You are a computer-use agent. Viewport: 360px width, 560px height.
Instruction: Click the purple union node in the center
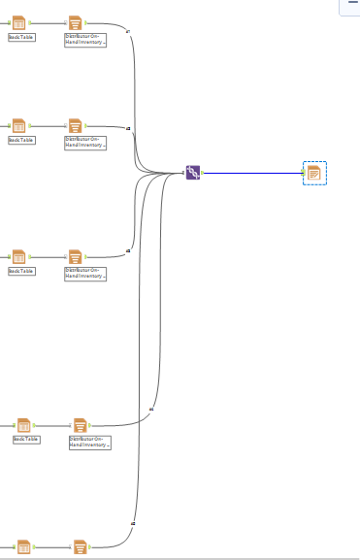[x=193, y=173]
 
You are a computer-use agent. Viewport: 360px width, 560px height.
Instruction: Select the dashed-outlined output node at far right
[x=314, y=174]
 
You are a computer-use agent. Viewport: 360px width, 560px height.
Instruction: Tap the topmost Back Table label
[x=21, y=37]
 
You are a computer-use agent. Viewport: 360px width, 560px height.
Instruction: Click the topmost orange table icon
[x=18, y=22]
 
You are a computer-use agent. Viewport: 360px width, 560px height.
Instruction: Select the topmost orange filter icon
[x=76, y=22]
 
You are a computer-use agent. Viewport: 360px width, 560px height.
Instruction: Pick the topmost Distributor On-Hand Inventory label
[x=85, y=40]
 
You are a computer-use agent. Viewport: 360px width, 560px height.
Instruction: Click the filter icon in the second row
[x=76, y=126]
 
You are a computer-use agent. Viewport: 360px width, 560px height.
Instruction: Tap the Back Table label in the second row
[x=21, y=140]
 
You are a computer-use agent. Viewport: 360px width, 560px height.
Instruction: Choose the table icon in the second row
[x=18, y=126]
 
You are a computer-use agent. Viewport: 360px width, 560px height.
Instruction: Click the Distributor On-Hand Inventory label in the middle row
[x=85, y=273]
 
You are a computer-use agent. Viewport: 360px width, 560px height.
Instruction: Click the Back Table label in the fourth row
[x=26, y=439]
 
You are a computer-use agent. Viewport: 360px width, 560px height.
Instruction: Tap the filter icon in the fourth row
[x=81, y=425]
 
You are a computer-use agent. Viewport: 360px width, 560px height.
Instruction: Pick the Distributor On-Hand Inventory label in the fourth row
[x=90, y=442]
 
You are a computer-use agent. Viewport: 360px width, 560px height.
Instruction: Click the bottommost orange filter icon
[x=81, y=548]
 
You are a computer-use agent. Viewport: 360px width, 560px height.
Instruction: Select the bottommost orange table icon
[x=23, y=548]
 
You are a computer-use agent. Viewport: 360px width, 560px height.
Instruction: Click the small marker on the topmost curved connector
[x=128, y=31]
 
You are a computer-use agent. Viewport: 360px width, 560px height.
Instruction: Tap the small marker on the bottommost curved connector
[x=132, y=524]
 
